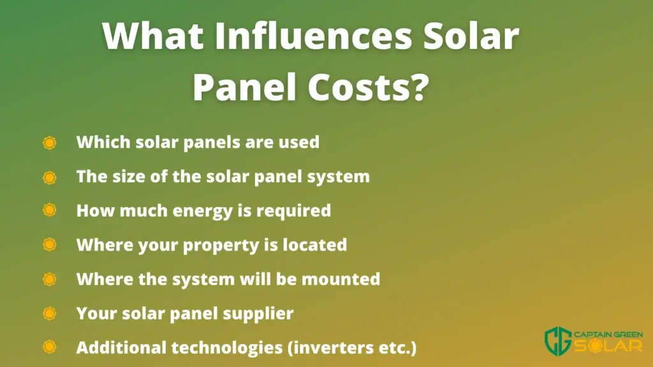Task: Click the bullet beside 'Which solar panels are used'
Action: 50,143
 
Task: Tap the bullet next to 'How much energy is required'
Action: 50,210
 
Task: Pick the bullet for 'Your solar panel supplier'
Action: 50,313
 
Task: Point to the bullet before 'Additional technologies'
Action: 50,347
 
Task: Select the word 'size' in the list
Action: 127,176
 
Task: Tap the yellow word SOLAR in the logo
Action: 608,346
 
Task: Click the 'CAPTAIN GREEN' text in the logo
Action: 608,335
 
